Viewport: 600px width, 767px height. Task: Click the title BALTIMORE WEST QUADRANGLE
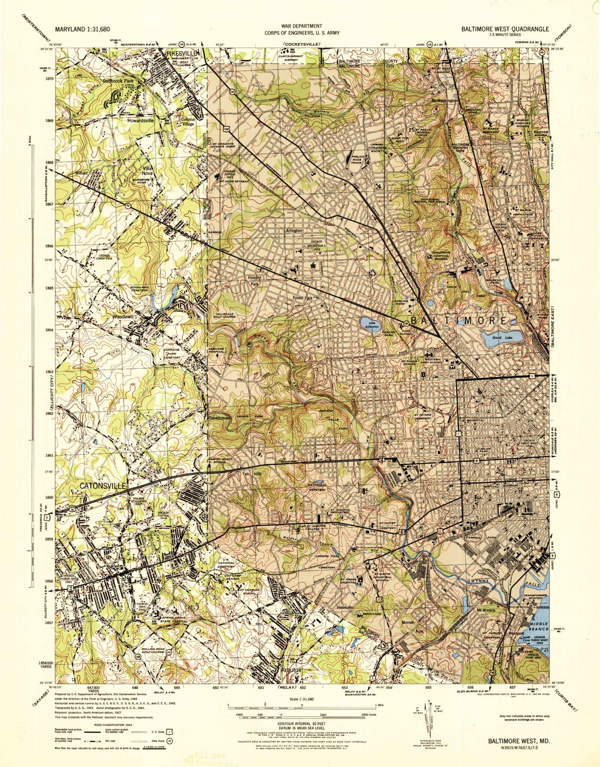[505, 29]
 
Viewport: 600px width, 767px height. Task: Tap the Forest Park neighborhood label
[302, 298]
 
